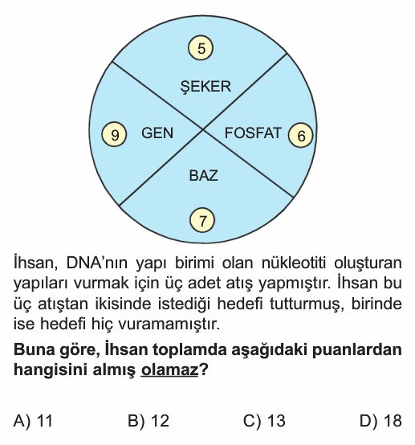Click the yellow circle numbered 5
[201, 47]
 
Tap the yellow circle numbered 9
[114, 134]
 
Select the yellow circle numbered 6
[301, 135]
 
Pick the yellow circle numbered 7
[202, 220]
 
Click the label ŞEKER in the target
[205, 86]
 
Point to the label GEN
[157, 133]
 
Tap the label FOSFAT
[253, 133]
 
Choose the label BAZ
[203, 175]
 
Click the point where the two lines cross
[203, 129]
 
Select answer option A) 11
[33, 420]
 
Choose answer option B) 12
[149, 420]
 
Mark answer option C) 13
[264, 420]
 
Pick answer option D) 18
[380, 420]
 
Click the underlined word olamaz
[169, 369]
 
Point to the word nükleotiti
[293, 263]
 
